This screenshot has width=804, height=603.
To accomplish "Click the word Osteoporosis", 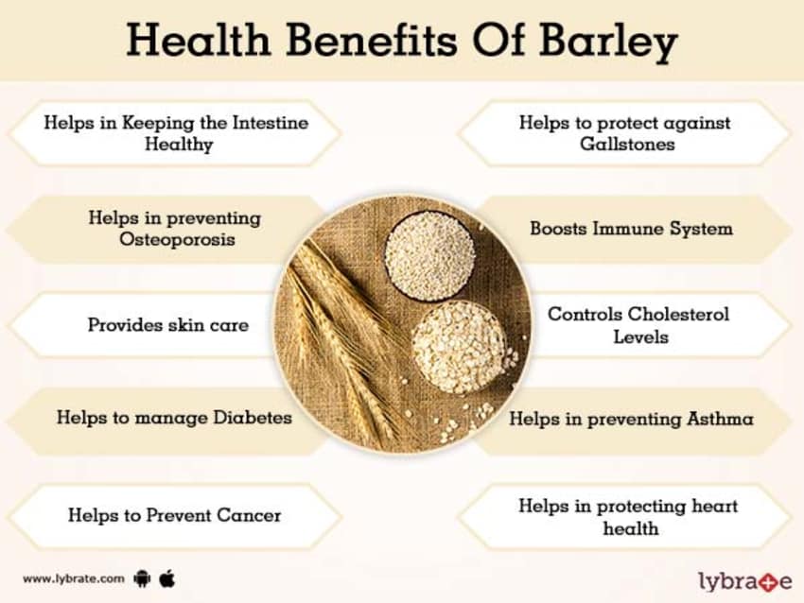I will click(177, 239).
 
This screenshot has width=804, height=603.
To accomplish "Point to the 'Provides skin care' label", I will click(168, 325).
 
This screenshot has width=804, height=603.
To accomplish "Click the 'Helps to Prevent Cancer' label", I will click(174, 515).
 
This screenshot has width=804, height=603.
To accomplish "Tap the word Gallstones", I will click(624, 145).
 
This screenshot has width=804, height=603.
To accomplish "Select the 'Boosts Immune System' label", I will click(631, 229).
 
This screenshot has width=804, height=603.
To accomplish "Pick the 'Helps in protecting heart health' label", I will click(628, 517).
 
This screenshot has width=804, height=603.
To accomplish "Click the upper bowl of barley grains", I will click(429, 255).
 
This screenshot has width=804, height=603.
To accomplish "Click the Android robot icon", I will click(143, 577).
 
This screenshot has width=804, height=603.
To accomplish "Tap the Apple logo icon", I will click(167, 577).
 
